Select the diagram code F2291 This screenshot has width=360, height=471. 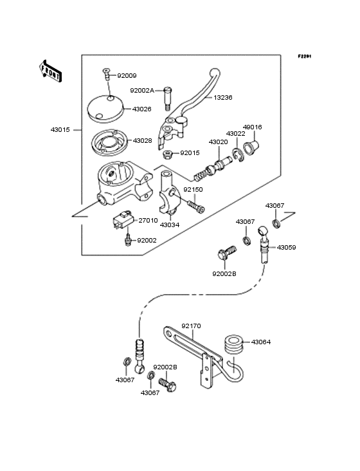(x=304, y=57)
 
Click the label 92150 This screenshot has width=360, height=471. (x=194, y=190)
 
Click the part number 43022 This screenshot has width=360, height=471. (x=235, y=133)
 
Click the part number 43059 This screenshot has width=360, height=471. (x=286, y=246)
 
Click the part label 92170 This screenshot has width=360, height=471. (x=192, y=326)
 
